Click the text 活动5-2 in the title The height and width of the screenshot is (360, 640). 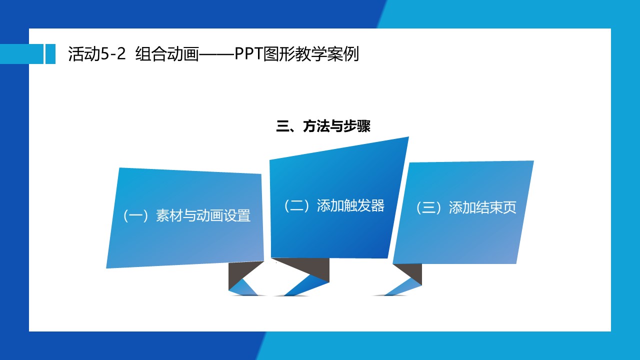point(97,53)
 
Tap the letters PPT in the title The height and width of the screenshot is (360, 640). point(249,53)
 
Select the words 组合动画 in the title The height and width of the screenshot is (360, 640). point(167,53)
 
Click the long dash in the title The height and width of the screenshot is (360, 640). point(216,53)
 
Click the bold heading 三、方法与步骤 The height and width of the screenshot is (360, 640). point(323,126)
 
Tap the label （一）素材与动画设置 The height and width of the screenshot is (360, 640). point(186,215)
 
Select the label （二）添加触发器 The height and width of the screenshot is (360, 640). point(333,205)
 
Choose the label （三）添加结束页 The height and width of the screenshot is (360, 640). point(465,207)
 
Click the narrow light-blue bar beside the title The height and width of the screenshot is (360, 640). point(50,53)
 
